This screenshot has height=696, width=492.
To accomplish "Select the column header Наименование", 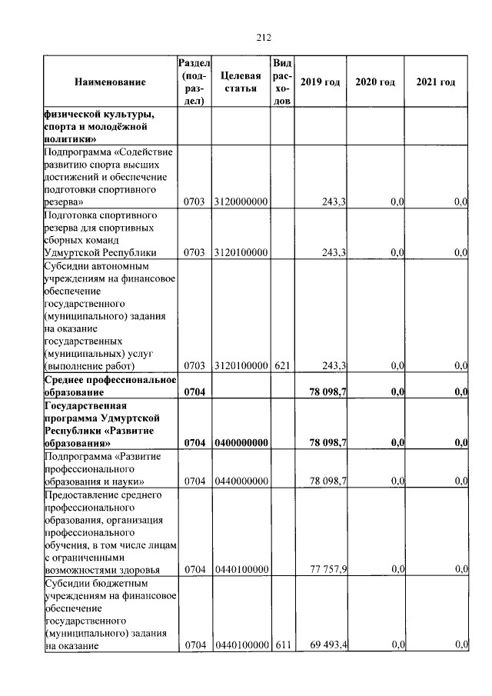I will point(110,82).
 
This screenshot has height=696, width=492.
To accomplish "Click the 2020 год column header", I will point(375,82).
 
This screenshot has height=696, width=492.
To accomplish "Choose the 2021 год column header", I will point(435,82).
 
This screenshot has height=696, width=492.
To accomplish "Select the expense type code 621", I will point(281,365).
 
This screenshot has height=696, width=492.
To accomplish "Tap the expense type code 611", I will point(281,644).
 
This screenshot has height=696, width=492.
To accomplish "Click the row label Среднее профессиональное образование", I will point(110,386).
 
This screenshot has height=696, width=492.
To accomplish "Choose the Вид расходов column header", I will point(281,82).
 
